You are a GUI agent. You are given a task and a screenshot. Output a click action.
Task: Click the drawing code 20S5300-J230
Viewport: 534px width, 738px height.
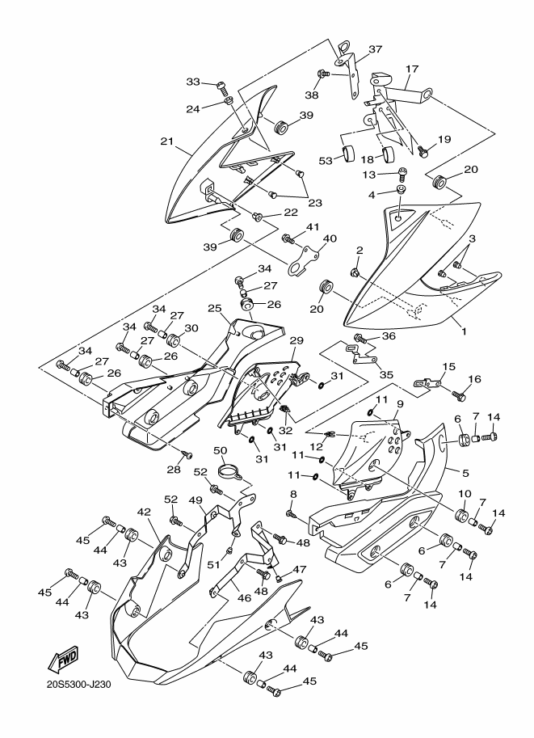coord(78,684)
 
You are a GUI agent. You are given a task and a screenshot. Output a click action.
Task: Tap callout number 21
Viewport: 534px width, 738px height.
coord(166,141)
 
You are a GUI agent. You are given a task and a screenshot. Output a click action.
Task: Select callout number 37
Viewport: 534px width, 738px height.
coord(375,49)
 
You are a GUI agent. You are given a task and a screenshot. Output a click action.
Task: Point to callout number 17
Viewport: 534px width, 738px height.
coord(412,70)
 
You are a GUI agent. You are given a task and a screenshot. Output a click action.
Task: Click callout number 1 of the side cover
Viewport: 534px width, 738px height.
coord(465,332)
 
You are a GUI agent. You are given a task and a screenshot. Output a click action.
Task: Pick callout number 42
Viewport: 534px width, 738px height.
coord(144,512)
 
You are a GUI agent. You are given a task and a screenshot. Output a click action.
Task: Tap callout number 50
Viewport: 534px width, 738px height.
coord(221,450)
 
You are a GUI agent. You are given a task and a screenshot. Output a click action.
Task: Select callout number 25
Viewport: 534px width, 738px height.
coord(215,308)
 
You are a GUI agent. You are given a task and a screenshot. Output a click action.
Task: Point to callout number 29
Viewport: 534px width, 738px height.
coord(296,340)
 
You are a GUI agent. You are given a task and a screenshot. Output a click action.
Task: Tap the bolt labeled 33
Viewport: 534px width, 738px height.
coord(222,86)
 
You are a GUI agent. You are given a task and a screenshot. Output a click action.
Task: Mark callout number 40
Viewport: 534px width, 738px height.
coord(330,238)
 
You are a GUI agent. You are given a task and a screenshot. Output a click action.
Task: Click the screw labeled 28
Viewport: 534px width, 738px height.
coord(187,454)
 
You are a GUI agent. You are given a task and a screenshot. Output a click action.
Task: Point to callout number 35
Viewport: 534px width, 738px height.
coord(386,374)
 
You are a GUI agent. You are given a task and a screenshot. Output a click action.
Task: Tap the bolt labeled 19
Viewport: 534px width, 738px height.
coord(423,150)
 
